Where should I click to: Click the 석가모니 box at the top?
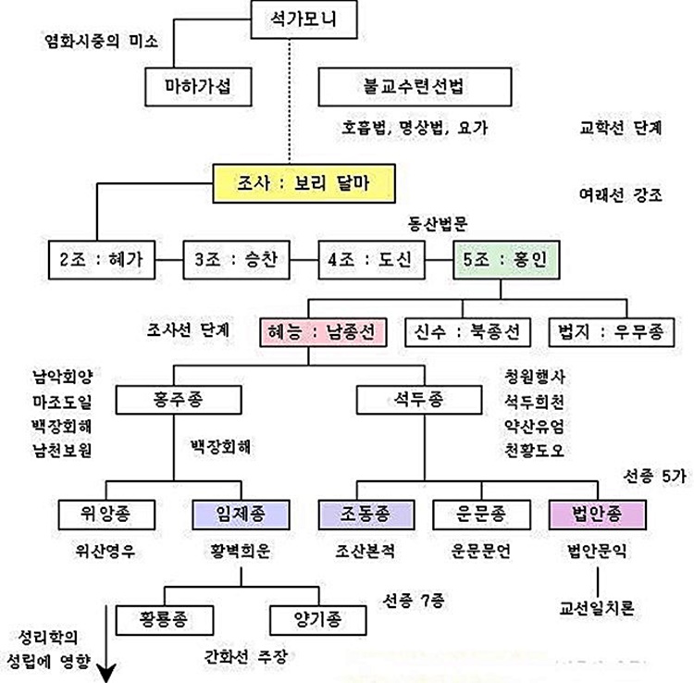click(302, 18)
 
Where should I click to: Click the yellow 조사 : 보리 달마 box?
click(304, 183)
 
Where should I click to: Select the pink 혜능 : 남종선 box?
click(321, 330)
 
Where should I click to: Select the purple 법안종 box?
click(597, 513)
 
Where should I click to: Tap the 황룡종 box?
click(164, 618)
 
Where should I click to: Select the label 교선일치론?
click(597, 610)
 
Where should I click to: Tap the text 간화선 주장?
click(246, 657)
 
